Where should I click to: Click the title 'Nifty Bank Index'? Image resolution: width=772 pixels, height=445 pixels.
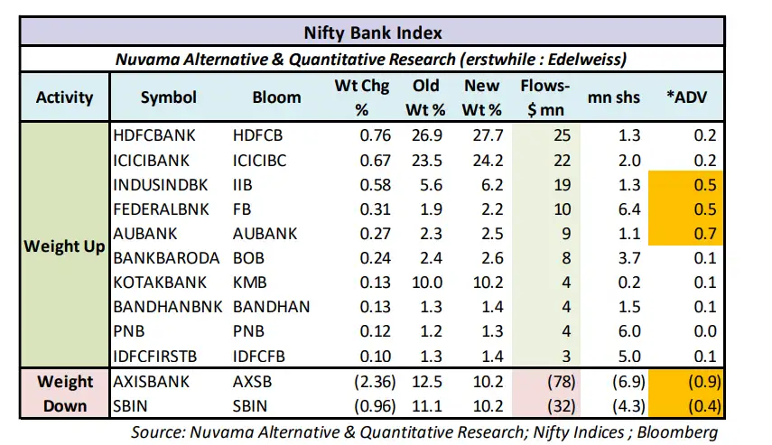point(385,33)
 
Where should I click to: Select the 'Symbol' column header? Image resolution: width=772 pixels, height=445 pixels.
point(168,97)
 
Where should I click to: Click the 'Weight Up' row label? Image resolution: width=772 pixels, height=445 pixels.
point(64,246)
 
